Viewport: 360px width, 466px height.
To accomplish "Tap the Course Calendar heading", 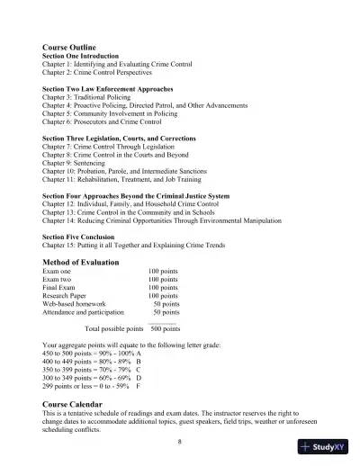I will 78,406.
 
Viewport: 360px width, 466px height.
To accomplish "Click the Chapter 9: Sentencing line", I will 79,163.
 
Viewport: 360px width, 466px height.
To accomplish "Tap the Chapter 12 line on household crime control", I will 135,202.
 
